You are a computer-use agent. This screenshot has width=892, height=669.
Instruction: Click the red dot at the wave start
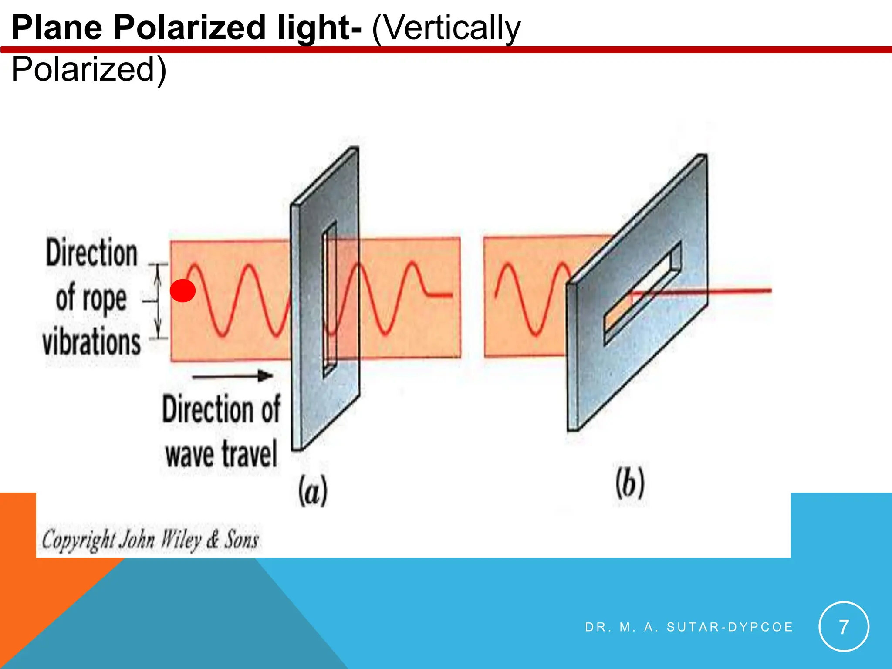point(182,291)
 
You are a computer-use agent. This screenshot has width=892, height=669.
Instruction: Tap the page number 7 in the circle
point(844,627)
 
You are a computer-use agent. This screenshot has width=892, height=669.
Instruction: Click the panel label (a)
point(313,491)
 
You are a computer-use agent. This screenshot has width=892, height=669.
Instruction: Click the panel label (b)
point(630,484)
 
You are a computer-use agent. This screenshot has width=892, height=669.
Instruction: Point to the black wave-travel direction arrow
point(233,376)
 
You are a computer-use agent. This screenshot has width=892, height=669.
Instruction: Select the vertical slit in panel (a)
point(330,301)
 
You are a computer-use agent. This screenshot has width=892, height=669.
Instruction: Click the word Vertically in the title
point(446,28)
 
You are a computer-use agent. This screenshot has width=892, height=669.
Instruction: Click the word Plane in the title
point(57,28)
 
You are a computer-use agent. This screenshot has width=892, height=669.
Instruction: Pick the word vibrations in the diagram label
point(92,341)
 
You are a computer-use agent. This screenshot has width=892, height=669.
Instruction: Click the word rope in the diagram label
point(105,299)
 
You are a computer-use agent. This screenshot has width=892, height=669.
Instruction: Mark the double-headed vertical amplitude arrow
point(159,301)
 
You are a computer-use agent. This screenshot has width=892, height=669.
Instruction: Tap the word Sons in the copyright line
point(241,540)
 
